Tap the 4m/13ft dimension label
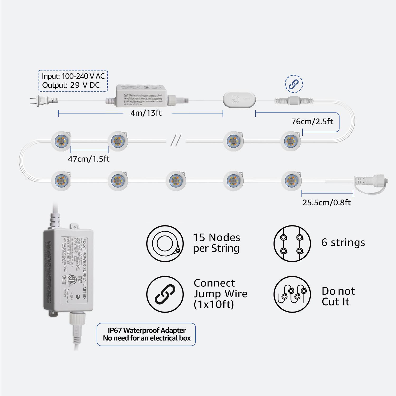click(146, 113)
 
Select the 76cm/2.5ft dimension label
click(312, 121)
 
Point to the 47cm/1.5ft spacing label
click(88, 159)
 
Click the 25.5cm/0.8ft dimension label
click(326, 202)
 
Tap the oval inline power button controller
click(239, 100)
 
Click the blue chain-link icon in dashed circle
click(294, 84)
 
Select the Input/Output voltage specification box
click(73, 81)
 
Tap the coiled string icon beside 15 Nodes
click(165, 243)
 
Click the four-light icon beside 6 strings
click(292, 243)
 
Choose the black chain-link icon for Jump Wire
click(165, 294)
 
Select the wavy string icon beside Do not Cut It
click(292, 294)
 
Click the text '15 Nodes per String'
click(216, 243)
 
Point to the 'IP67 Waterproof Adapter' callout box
click(146, 334)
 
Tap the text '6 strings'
click(343, 242)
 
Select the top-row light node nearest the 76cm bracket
click(290, 141)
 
